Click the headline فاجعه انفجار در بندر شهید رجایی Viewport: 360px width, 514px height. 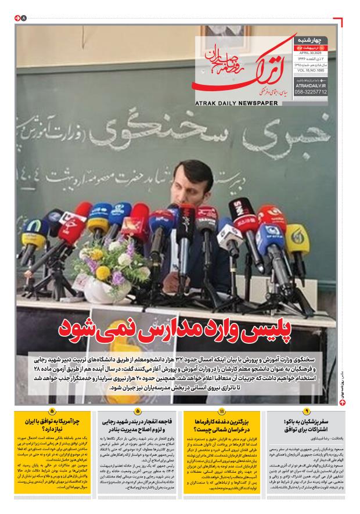pos(137,424)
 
